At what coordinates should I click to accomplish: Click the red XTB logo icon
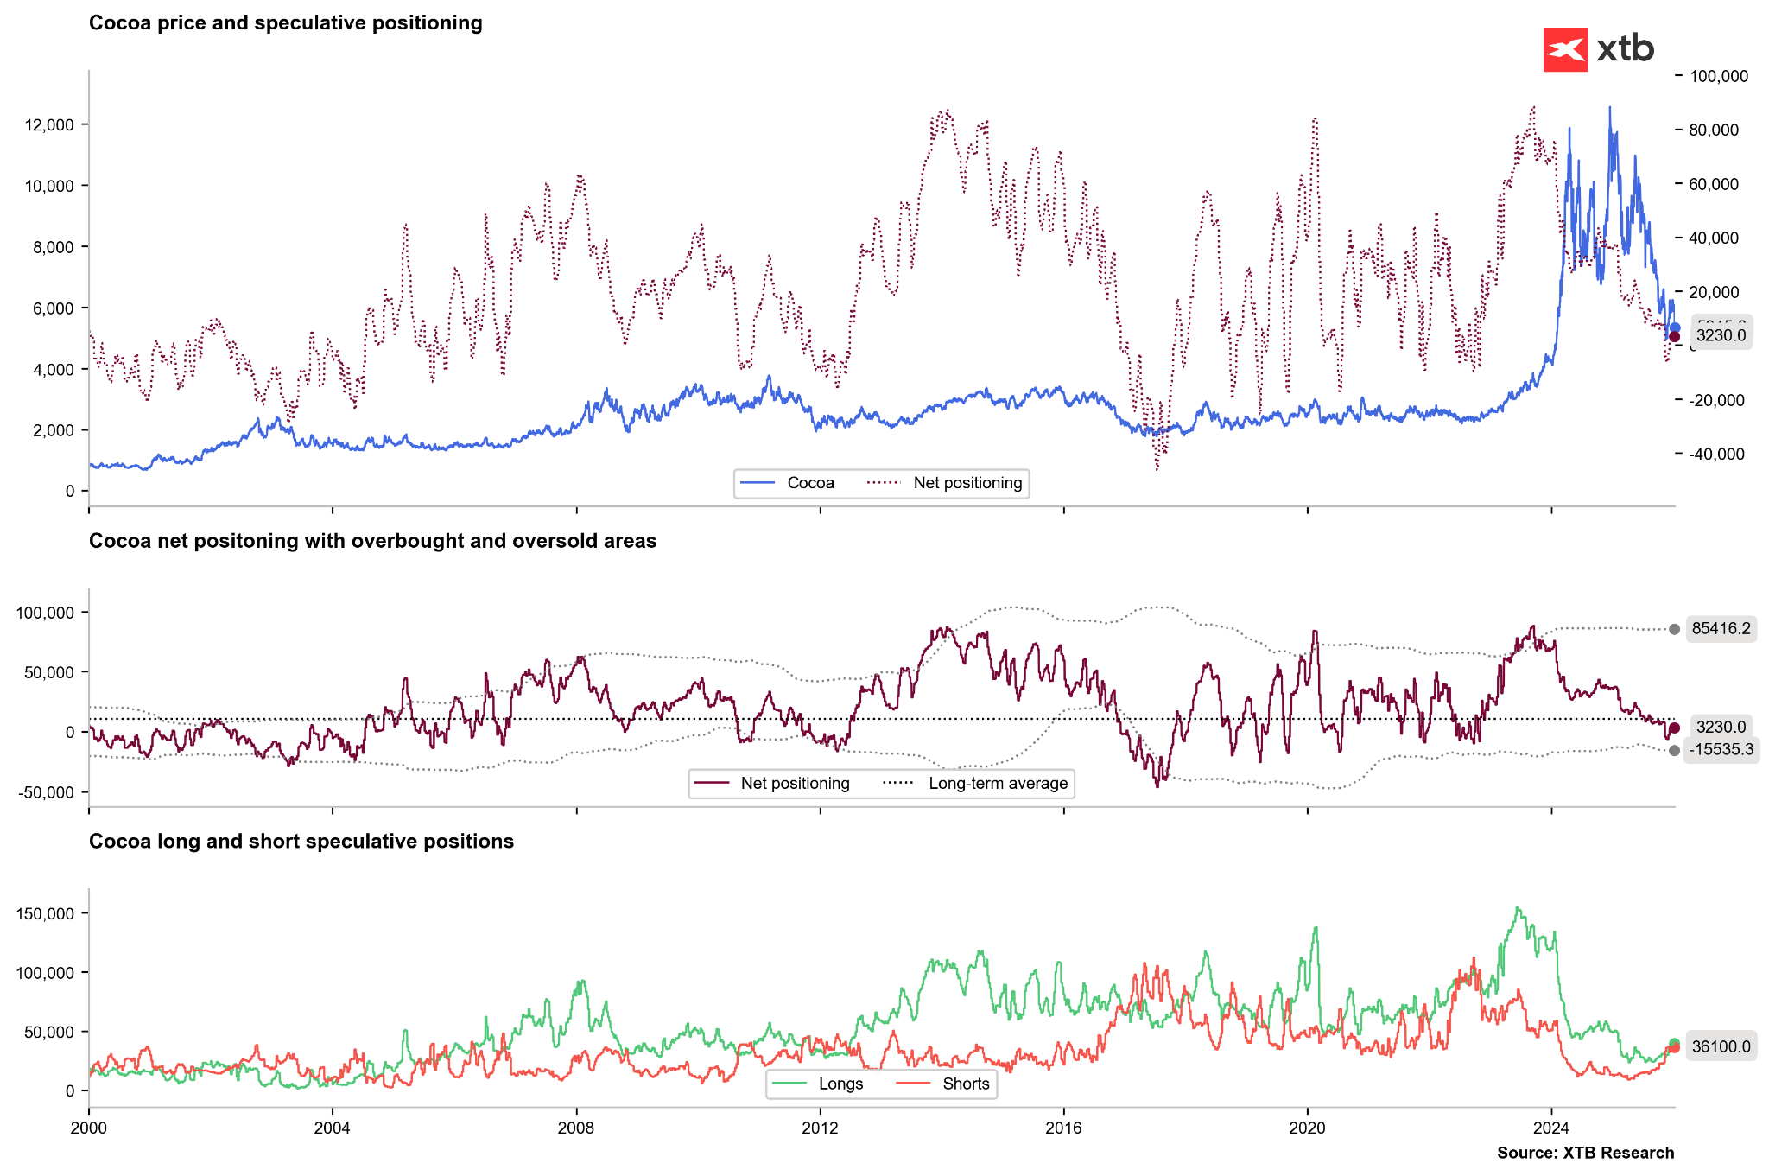click(x=1564, y=49)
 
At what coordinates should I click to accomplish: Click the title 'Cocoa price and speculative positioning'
click(x=285, y=23)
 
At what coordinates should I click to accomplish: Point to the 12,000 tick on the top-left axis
click(x=50, y=125)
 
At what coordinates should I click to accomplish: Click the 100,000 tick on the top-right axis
click(x=1718, y=77)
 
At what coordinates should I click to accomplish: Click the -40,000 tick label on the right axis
click(x=1716, y=455)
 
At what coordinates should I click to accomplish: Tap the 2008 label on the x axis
click(x=576, y=1128)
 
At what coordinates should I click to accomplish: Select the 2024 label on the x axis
click(x=1551, y=1128)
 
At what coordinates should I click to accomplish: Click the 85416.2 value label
click(x=1721, y=629)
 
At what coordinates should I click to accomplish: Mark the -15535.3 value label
click(x=1721, y=750)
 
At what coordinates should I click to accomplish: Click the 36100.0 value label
click(x=1721, y=1047)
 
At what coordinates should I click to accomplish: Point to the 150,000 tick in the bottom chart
click(x=46, y=914)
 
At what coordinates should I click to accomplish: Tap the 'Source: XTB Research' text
click(x=1585, y=1153)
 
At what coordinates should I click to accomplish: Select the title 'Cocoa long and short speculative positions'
click(x=301, y=842)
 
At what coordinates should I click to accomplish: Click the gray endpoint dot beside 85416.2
click(x=1674, y=629)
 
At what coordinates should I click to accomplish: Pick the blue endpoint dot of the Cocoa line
click(x=1675, y=327)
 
